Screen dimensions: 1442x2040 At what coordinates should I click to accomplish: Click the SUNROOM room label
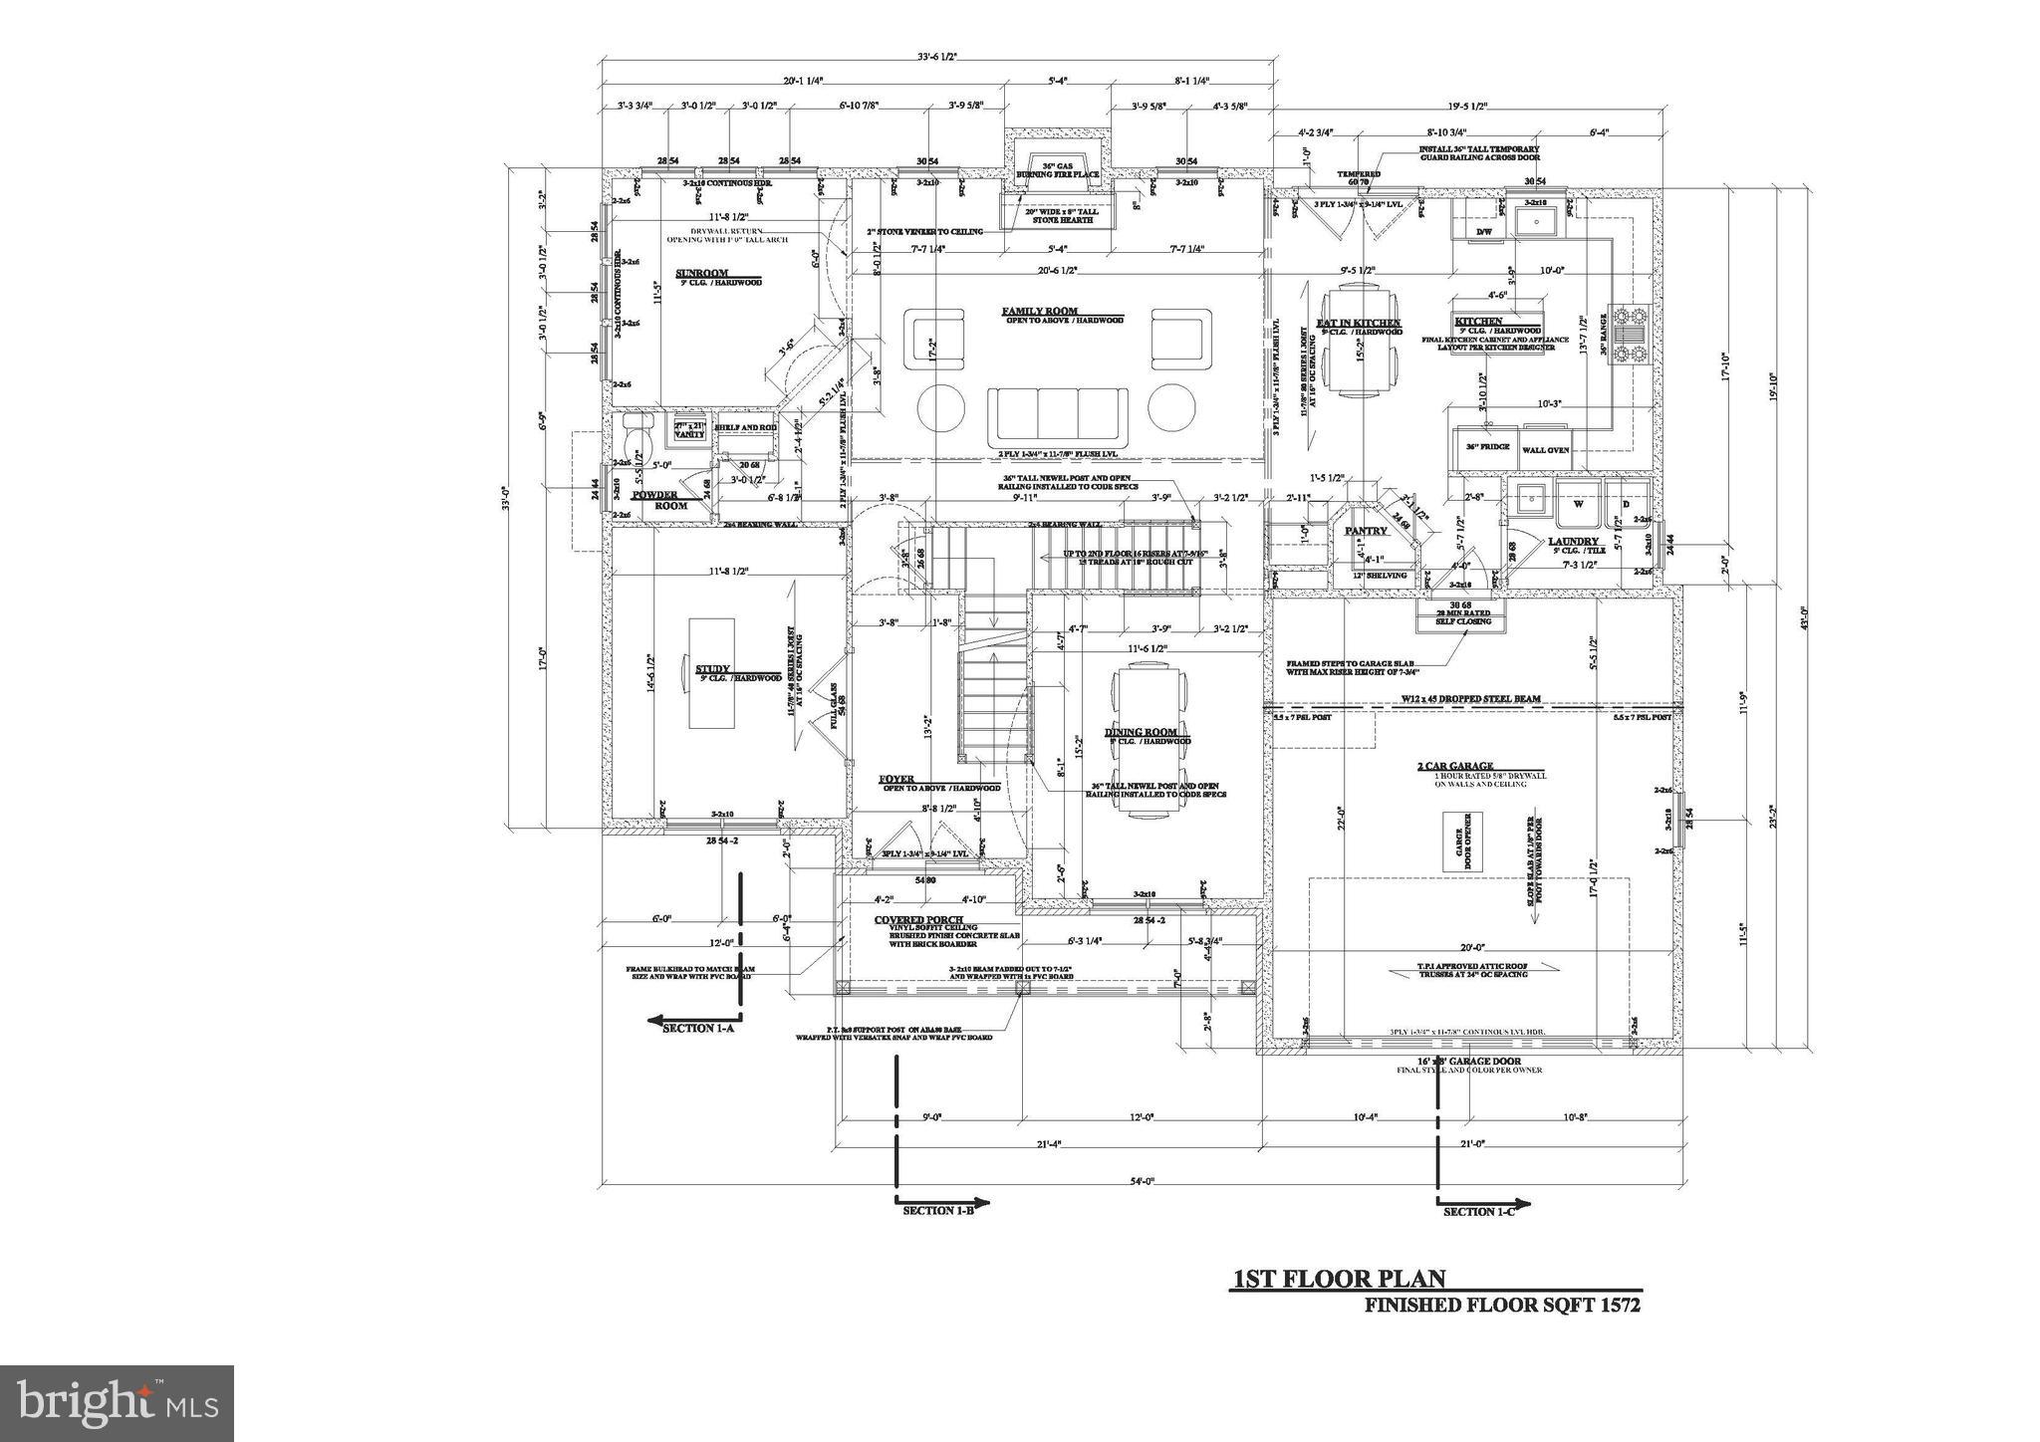(x=702, y=273)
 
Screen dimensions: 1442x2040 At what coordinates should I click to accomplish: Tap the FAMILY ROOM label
(x=1040, y=312)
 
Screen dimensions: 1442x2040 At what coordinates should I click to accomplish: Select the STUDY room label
(x=712, y=669)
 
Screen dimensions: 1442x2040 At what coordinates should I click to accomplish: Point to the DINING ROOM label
(x=1141, y=732)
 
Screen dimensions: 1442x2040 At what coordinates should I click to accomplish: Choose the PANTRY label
(x=1367, y=531)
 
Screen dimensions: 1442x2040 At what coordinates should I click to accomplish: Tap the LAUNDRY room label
(x=1573, y=542)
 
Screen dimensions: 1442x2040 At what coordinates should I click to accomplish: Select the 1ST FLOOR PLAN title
(x=1339, y=1280)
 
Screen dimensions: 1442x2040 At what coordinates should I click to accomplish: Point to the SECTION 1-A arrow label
(x=698, y=1028)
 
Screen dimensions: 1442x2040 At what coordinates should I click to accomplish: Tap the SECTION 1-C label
(x=1479, y=1211)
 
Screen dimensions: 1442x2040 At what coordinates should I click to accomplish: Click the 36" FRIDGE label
(x=1487, y=447)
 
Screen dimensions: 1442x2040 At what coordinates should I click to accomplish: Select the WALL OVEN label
(x=1545, y=450)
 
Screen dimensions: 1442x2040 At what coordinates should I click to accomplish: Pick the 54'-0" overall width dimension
(x=1144, y=1181)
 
